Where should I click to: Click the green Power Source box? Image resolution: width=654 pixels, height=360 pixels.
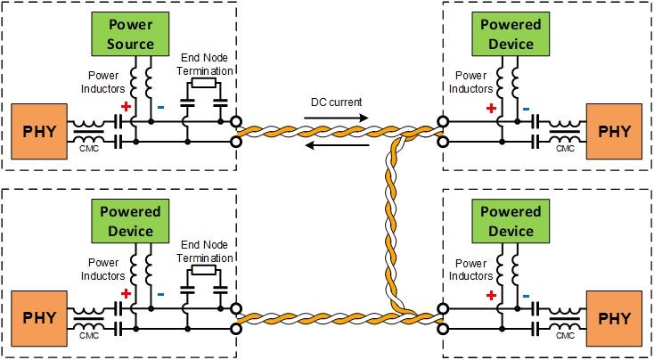pyautogui.click(x=131, y=34)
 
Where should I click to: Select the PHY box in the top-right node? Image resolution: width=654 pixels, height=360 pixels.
pyautogui.click(x=615, y=131)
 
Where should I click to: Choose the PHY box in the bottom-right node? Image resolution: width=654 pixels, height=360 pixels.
pyautogui.click(x=615, y=318)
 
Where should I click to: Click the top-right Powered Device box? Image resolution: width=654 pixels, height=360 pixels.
pyautogui.click(x=511, y=34)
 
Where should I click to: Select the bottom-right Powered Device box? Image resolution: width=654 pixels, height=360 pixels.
pyautogui.click(x=511, y=221)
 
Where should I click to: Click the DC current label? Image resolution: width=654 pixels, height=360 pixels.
pyautogui.click(x=336, y=102)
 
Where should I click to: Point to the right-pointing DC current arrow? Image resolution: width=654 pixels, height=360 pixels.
pyautogui.click(x=337, y=116)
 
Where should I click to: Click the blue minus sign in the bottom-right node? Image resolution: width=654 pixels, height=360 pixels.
pyautogui.click(x=527, y=296)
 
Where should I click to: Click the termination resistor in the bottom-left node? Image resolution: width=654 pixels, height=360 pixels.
pyautogui.click(x=204, y=269)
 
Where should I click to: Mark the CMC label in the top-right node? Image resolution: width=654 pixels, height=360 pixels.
pyautogui.click(x=565, y=149)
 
